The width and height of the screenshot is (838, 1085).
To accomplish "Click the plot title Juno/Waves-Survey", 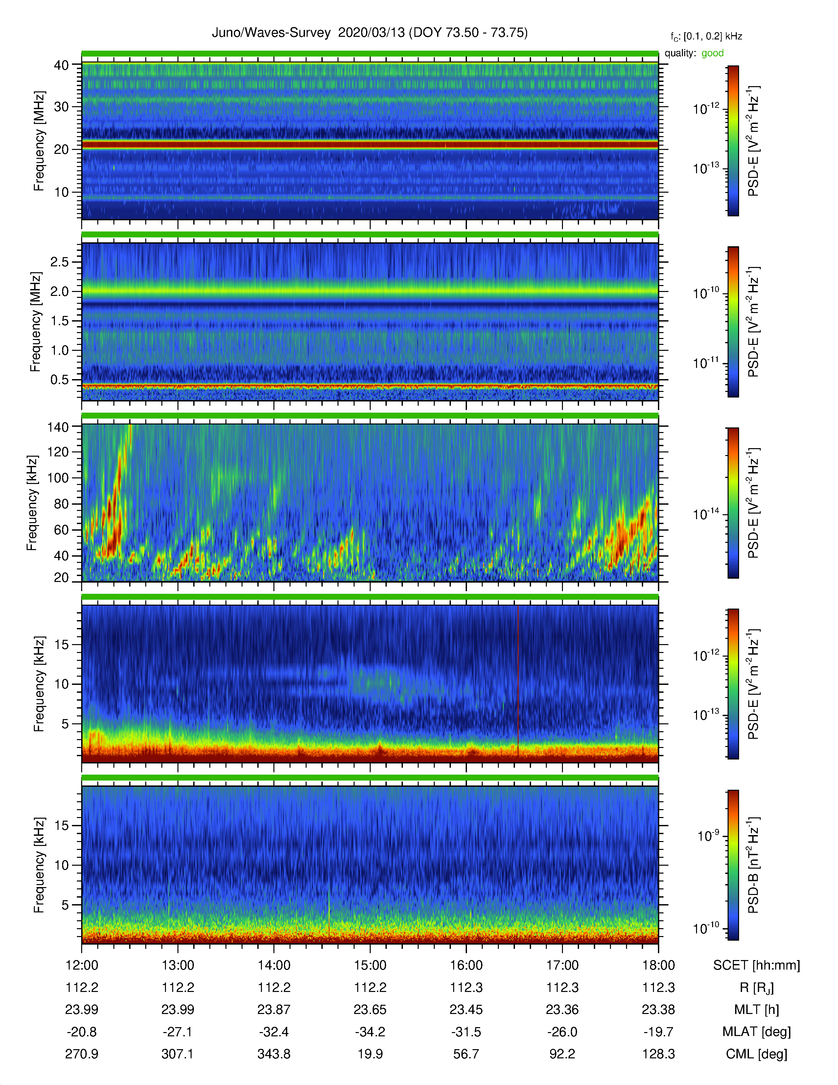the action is tap(271, 33).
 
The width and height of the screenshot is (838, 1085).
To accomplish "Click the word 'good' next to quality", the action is tap(712, 53).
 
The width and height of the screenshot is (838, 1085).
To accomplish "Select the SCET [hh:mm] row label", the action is tap(756, 965).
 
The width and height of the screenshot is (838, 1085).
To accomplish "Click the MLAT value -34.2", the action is tap(370, 1032).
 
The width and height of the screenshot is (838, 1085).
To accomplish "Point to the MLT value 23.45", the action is tap(466, 1009).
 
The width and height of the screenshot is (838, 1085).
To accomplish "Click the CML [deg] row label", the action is tap(756, 1054).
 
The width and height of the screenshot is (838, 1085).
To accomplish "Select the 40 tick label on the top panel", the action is tap(61, 65).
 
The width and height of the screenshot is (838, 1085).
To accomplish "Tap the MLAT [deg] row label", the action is tap(756, 1032).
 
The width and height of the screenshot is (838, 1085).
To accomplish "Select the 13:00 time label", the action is tap(178, 965).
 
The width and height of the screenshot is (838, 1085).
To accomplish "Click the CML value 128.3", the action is tap(658, 1054).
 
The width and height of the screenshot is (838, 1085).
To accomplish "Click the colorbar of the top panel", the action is tap(733, 141).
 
